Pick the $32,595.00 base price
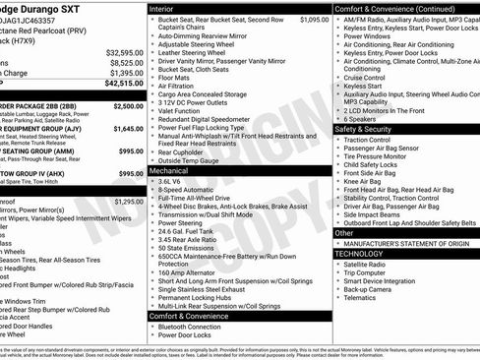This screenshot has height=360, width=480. [125, 52]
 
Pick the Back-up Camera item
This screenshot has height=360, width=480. [370, 289]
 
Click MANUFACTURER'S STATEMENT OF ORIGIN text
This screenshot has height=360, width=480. [406, 241]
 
